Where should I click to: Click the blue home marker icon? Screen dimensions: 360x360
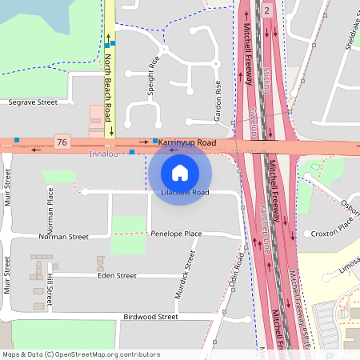[180, 172]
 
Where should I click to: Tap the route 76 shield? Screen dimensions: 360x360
[62, 142]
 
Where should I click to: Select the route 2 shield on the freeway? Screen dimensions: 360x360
[267, 10]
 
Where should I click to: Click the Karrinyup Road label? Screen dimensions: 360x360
[188, 142]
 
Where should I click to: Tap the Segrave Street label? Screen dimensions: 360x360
[33, 102]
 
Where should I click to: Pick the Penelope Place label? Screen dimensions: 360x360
[176, 234]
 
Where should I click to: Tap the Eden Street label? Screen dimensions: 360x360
[117, 275]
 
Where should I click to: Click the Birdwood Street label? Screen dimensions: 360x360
[150, 317]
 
